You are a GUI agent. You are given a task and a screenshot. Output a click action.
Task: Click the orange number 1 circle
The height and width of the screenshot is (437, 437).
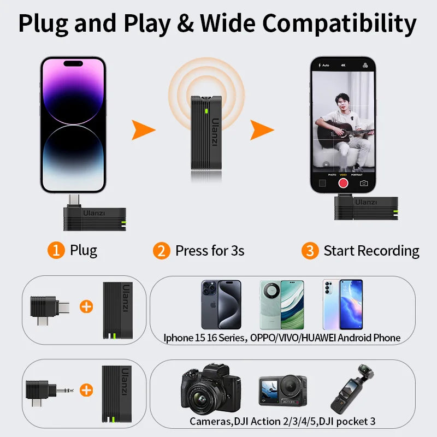click(x=56, y=251)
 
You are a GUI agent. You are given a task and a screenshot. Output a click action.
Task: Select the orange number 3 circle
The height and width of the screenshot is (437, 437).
click(x=310, y=251)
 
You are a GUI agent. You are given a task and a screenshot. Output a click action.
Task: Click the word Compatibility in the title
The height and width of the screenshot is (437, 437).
click(x=339, y=23)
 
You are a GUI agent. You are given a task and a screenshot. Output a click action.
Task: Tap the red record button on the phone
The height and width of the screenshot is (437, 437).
click(x=343, y=183)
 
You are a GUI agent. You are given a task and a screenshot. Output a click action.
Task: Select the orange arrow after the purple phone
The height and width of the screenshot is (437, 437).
click(x=143, y=130)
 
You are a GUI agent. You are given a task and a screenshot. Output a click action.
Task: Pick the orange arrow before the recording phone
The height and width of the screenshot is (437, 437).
click(x=262, y=130)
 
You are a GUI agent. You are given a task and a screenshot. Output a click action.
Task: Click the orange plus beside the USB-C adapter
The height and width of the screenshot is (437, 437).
click(x=86, y=306)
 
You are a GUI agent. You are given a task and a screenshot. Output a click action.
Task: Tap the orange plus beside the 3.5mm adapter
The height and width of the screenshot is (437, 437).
click(x=86, y=390)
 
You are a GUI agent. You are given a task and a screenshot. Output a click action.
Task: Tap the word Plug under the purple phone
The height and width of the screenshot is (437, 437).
click(x=84, y=251)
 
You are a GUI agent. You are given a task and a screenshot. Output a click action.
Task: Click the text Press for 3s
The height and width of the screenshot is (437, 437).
click(x=210, y=251)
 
